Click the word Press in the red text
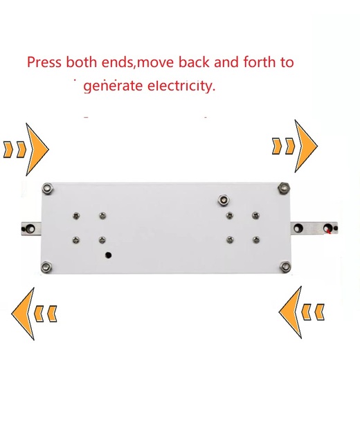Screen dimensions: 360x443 point(44,62)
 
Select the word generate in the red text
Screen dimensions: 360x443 point(113,87)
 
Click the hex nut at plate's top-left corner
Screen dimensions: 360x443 point(48,188)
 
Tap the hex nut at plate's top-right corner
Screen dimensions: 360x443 point(283,188)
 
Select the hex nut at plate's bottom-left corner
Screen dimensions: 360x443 point(46,267)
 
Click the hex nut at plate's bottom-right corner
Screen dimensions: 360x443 point(285,266)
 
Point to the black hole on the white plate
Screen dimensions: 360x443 point(108,255)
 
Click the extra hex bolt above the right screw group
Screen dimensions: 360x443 point(223,200)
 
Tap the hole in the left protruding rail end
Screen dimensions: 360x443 point(30,228)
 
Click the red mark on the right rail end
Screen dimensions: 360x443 point(329,231)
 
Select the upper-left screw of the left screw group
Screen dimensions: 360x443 point(76,216)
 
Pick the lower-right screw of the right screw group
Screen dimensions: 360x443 point(256,240)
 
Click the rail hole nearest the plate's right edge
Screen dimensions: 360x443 point(298,228)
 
